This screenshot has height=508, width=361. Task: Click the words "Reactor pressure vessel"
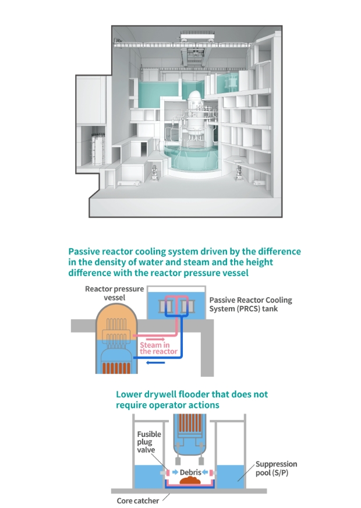coord(105,292)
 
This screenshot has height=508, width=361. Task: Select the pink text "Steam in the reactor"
coord(154,348)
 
